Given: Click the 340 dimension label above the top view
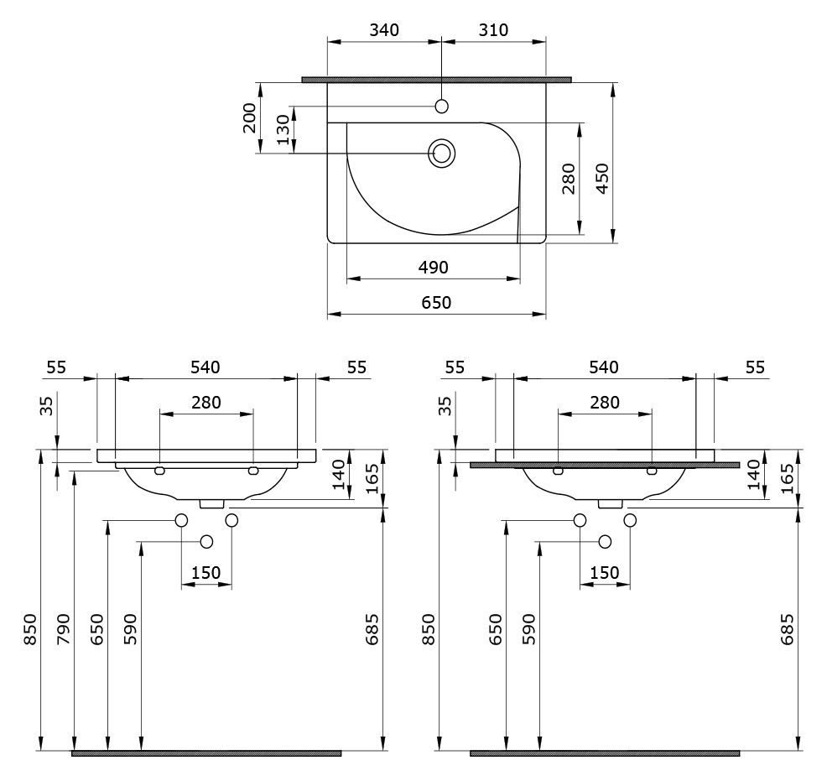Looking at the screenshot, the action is (384, 30).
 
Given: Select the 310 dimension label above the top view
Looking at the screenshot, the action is (494, 30).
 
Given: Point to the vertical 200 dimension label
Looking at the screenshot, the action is (249, 118).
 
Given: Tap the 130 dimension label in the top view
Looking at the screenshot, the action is (283, 130).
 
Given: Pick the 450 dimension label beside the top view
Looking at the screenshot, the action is (602, 178).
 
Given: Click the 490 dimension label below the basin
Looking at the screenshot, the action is (434, 268).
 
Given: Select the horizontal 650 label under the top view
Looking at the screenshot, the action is (437, 303).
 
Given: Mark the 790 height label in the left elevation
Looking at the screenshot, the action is (63, 629).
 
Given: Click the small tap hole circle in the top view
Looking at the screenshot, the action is (441, 107).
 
